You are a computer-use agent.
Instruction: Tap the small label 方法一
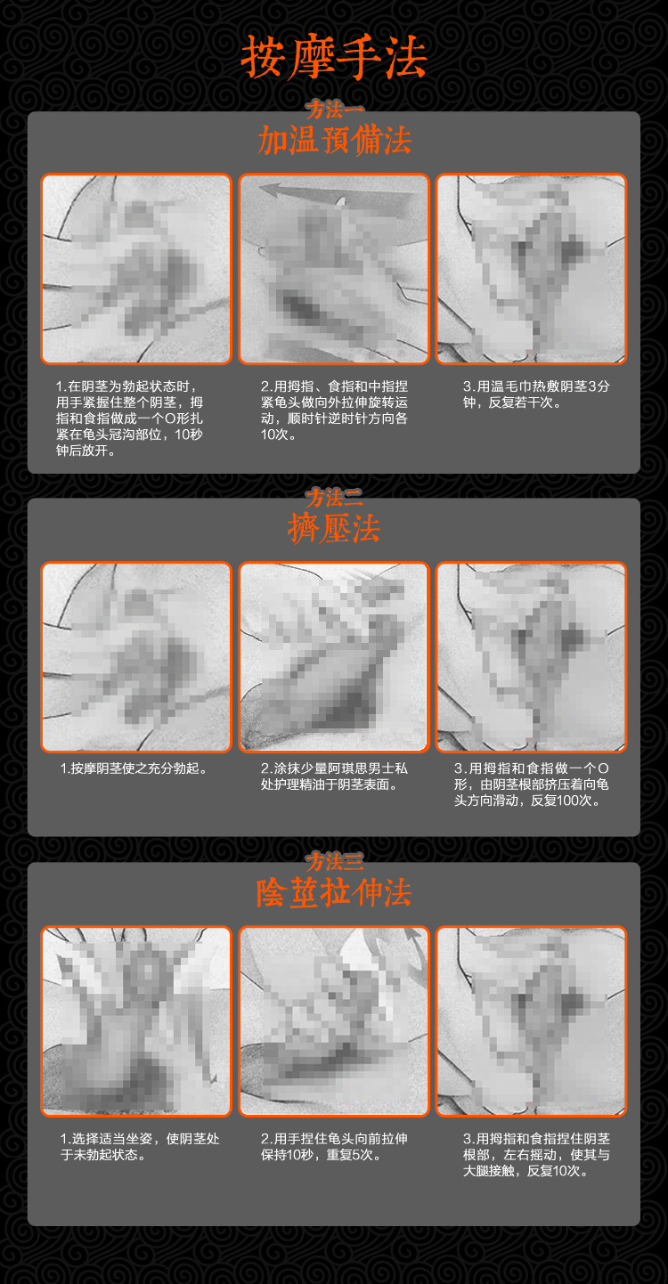pos(334,110)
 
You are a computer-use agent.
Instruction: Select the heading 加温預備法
pos(334,141)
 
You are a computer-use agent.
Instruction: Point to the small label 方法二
pos(334,497)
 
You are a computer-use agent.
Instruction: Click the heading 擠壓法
pos(334,528)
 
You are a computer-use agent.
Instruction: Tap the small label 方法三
pos(334,861)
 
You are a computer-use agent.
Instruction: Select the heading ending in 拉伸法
pos(334,892)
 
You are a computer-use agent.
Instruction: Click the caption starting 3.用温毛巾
pos(536,394)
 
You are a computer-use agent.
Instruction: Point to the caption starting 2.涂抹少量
pos(334,776)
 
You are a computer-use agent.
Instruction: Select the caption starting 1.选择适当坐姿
pos(140,1147)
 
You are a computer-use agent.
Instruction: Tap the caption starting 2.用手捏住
pos(334,1147)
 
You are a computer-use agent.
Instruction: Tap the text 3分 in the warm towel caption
pos(599,386)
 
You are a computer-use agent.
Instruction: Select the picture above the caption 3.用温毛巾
pos(531,269)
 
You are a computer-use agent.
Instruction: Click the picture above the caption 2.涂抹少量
pos(334,657)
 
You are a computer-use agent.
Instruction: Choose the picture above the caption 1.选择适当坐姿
pos(136,1021)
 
